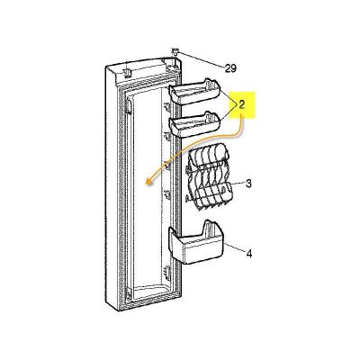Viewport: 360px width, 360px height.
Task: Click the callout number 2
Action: pos(241,104)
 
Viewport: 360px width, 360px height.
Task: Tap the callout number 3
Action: pos(248,184)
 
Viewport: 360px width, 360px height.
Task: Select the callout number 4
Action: pos(248,254)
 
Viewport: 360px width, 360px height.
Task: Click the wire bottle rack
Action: pos(207,175)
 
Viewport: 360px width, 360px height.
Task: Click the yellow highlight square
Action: pos(241,111)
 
